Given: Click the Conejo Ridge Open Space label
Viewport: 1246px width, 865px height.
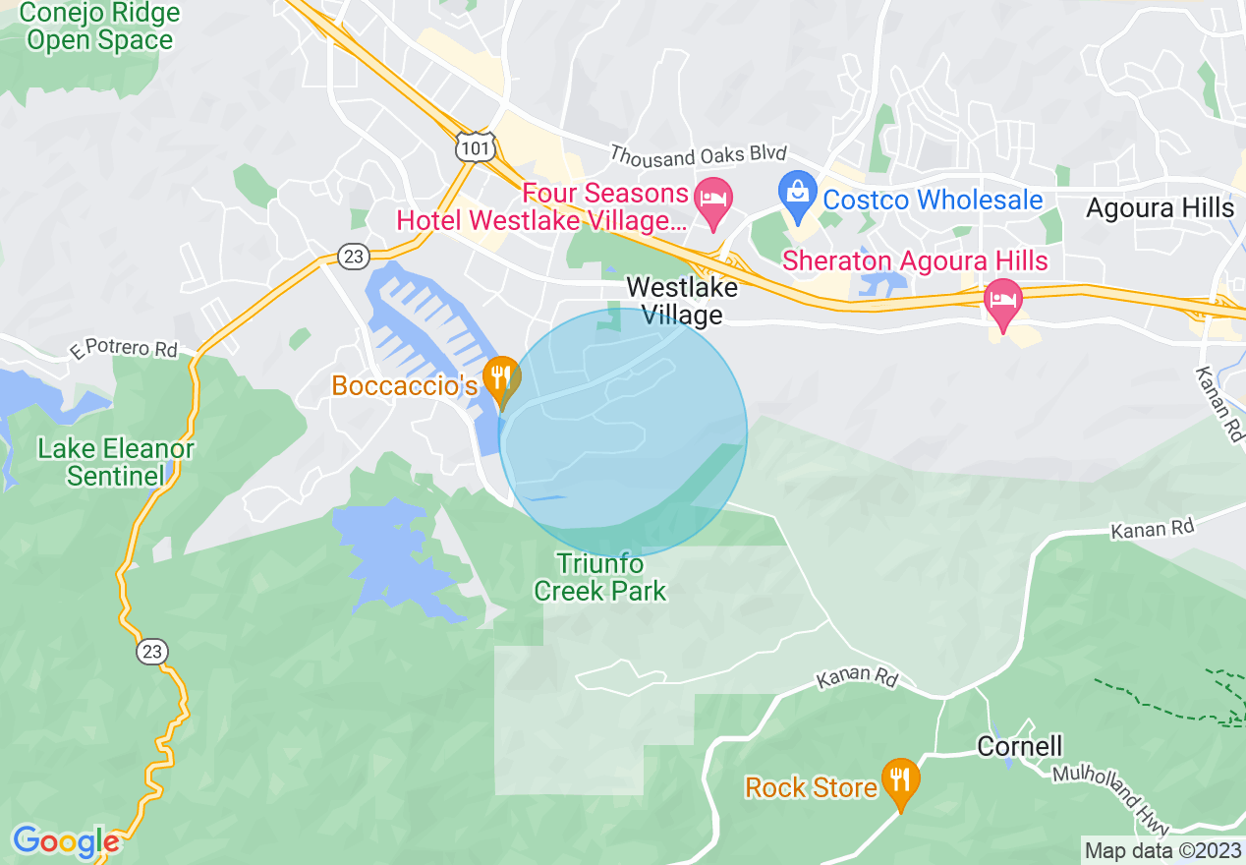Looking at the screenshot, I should (x=99, y=27).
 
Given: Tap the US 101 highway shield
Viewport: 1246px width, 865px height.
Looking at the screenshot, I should (x=476, y=146).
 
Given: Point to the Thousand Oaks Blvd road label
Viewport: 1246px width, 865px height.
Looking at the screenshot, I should (x=699, y=154).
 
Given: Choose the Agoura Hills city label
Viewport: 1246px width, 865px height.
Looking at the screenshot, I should (x=1160, y=208).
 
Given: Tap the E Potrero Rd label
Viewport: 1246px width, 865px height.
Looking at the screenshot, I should (x=124, y=348).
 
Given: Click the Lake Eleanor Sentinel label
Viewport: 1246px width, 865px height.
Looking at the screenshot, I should (x=115, y=463).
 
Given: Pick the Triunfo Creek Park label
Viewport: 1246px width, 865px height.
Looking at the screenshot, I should (x=600, y=577).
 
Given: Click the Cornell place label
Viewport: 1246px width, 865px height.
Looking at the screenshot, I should (x=1019, y=746).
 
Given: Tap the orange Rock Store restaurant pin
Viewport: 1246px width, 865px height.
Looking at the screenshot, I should (x=900, y=783).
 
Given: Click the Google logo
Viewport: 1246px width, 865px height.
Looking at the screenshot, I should (x=66, y=841).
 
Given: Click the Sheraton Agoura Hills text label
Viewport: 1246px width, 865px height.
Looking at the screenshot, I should (x=915, y=261).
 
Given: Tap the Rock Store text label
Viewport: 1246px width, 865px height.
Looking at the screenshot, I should (x=811, y=788).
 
